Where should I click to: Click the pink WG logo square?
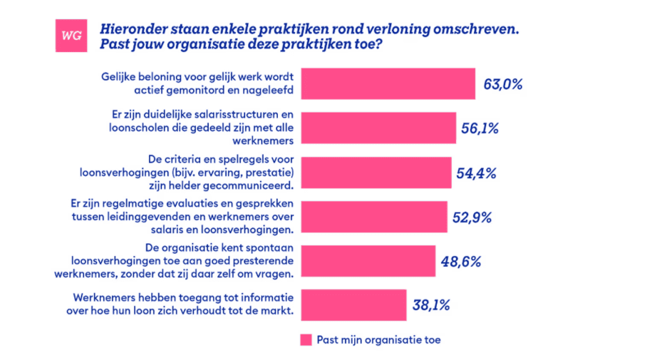[71, 35]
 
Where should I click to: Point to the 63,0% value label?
[503, 84]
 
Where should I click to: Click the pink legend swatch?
[306, 340]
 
